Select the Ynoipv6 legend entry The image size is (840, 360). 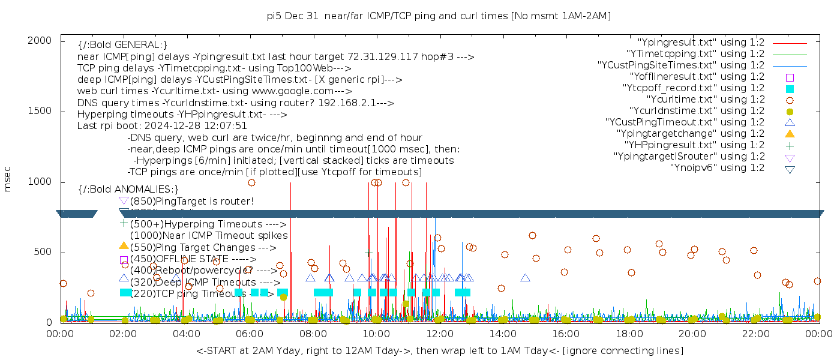(x=717, y=168)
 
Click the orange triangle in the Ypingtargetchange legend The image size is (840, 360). (x=790, y=134)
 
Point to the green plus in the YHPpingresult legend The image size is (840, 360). (x=790, y=145)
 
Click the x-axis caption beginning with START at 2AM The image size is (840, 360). (x=439, y=350)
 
